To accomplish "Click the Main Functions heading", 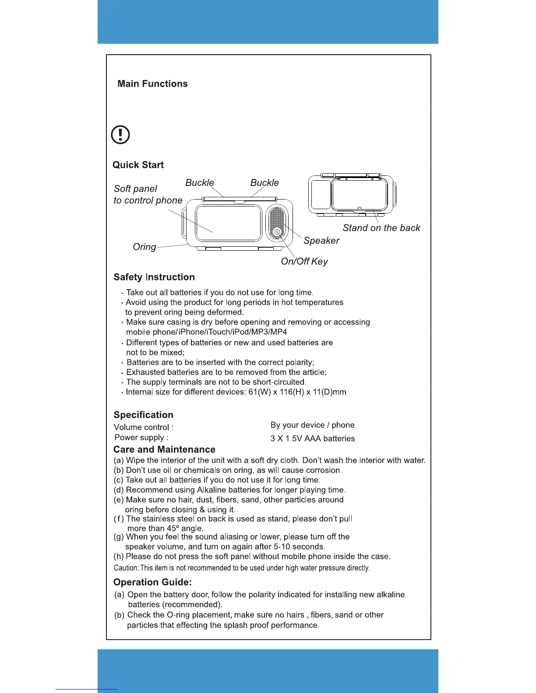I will click(x=152, y=84).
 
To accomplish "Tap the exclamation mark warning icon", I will click(x=120, y=134).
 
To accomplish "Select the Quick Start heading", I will click(x=138, y=165).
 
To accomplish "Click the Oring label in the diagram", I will click(x=144, y=247).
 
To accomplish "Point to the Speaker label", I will click(x=321, y=241).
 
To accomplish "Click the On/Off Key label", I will click(x=304, y=261).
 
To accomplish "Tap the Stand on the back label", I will click(x=381, y=228).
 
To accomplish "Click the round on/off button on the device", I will click(x=277, y=231).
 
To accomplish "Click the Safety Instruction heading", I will click(x=154, y=277).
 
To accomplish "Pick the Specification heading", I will click(x=143, y=415).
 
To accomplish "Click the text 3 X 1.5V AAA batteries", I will click(x=312, y=438).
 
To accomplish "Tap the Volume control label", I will click(x=143, y=427).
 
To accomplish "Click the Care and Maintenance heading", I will click(x=164, y=449).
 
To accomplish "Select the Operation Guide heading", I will click(x=152, y=582).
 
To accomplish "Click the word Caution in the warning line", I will click(x=126, y=568).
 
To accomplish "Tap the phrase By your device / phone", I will click(x=312, y=425).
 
